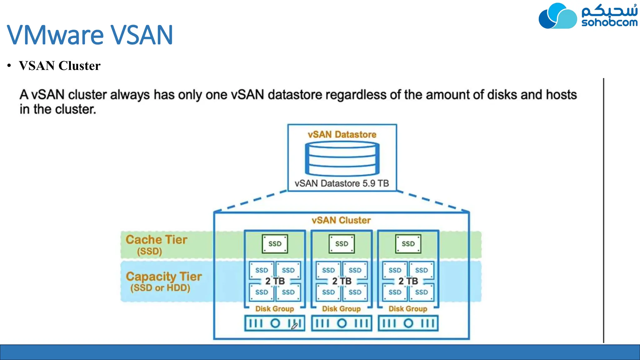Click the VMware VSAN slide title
coord(90,35)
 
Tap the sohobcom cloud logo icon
coord(557,16)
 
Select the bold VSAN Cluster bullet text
coord(59,66)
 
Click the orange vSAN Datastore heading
coord(342,135)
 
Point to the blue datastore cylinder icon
coord(342,158)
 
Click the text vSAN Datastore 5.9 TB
coord(342,183)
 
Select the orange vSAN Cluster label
coord(341,220)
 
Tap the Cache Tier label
coord(156,240)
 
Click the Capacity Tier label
coord(164,277)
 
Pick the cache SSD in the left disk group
coord(275,244)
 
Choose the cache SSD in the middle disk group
coord(342,244)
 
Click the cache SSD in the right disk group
coord(408,244)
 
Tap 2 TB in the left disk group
coord(275,281)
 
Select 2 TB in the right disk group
coord(408,281)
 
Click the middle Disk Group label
coord(341,309)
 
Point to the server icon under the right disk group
coord(408,323)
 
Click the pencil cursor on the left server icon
coord(294,326)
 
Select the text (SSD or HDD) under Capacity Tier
coord(160,288)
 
